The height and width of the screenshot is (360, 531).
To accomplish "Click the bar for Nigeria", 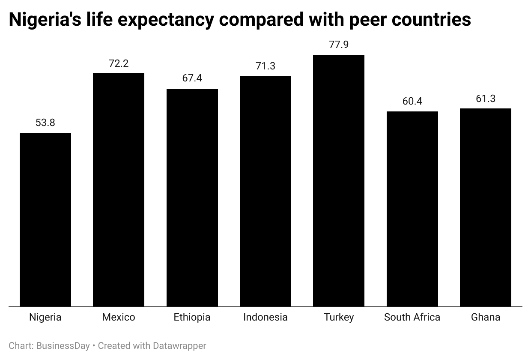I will tap(45, 220).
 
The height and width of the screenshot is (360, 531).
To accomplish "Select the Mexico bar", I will tap(119, 190).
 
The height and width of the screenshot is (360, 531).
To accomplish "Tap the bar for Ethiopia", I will tap(192, 198).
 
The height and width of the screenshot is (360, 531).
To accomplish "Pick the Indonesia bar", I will tap(265, 192).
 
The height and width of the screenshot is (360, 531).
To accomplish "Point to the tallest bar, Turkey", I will tap(339, 181).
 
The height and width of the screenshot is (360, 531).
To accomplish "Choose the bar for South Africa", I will tap(412, 209).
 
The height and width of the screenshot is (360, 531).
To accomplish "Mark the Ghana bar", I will tap(486, 207).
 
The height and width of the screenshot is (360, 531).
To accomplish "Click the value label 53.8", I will tap(45, 123).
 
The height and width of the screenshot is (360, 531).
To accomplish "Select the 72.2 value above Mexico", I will tap(119, 64).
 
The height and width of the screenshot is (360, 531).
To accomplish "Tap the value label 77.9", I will tap(339, 45).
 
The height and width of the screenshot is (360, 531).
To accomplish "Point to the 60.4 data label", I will tap(412, 102).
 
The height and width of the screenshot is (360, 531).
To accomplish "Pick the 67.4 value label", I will tap(192, 79).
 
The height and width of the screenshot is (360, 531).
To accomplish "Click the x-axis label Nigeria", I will tap(45, 318).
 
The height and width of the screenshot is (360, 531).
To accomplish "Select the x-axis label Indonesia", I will tap(265, 318).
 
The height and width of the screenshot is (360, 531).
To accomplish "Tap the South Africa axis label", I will tap(412, 318).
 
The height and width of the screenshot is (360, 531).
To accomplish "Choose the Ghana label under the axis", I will tap(486, 318).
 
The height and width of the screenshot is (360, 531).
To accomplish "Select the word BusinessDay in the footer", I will tap(63, 346).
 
